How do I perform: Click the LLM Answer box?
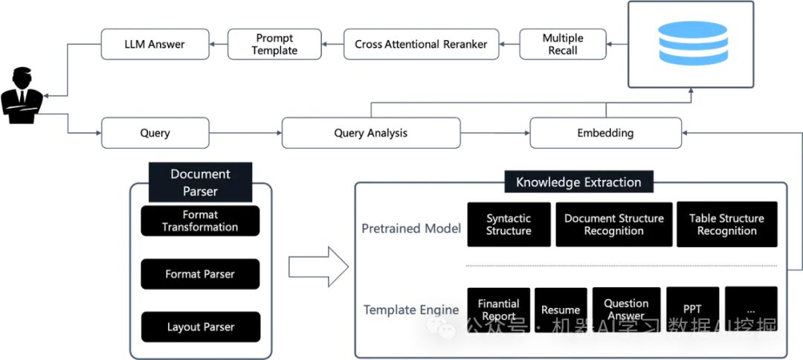[155, 44]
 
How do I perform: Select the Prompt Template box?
[274, 44]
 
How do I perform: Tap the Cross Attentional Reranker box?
[421, 44]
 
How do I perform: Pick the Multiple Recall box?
[563, 44]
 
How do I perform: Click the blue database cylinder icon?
[692, 43]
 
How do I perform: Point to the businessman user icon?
[22, 95]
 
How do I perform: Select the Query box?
[155, 133]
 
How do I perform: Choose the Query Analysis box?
[371, 133]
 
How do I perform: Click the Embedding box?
[605, 133]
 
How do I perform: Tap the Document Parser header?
[200, 182]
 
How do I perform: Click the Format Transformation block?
[200, 221]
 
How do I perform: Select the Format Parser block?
[200, 274]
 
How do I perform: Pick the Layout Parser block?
[200, 327]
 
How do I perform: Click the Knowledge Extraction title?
[578, 182]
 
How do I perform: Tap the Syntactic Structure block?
[509, 225]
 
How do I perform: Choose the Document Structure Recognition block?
[614, 225]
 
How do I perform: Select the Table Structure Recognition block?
[726, 225]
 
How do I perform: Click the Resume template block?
[561, 310]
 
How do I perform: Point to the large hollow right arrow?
[318, 267]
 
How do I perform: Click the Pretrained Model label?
[411, 228]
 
